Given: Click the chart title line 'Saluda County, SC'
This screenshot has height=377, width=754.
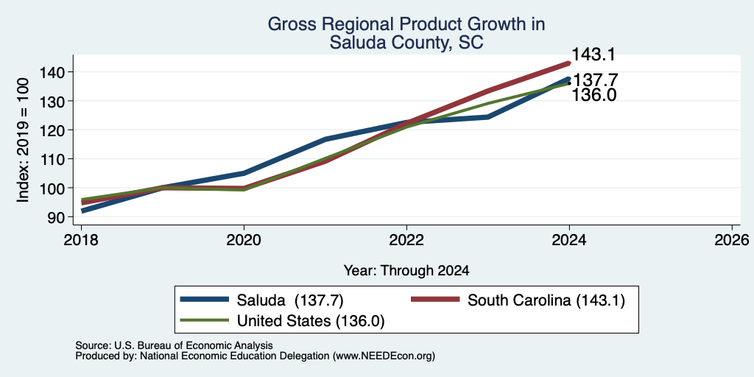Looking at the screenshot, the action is (406, 43).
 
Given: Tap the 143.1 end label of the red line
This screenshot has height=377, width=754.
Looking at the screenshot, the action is (593, 54).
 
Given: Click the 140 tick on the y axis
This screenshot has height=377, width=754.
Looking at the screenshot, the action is (52, 72).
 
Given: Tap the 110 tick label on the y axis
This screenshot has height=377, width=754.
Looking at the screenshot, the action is (52, 159).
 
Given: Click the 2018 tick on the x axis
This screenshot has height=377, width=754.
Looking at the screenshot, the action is (81, 240).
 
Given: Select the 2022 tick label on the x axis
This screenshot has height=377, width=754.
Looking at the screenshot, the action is (406, 240).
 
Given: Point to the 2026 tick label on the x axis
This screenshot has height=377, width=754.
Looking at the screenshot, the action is (732, 240).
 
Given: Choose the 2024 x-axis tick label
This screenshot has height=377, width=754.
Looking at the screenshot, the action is (569, 240).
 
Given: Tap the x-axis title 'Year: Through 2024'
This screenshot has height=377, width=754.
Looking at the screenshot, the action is (406, 271).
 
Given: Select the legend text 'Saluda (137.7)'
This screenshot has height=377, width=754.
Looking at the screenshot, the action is (290, 300).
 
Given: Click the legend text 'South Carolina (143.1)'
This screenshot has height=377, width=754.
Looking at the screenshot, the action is (546, 300).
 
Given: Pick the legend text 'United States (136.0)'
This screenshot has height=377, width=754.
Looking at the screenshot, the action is (311, 321).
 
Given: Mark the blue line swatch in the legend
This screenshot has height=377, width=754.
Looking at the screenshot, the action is (205, 300).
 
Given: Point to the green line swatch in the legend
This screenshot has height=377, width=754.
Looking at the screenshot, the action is (205, 320).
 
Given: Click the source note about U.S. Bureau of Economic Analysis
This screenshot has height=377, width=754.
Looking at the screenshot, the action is (174, 345).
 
